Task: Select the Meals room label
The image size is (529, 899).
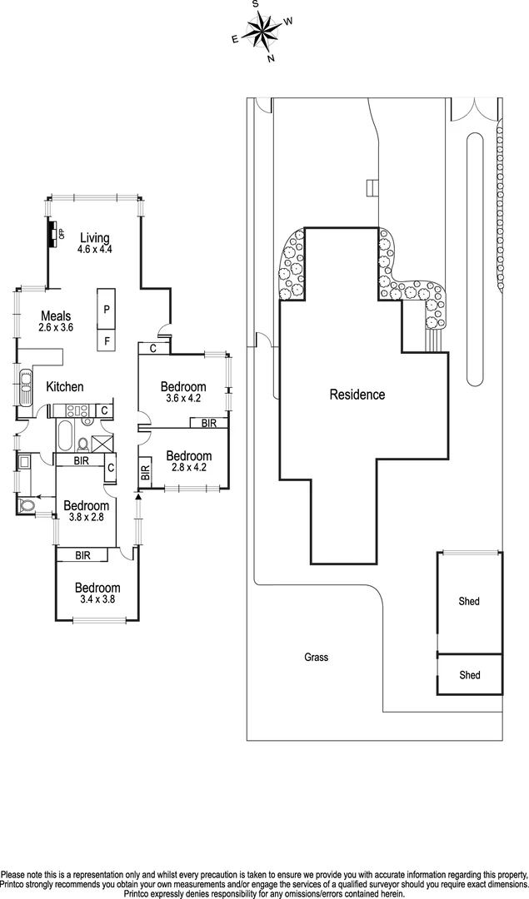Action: pos(56,316)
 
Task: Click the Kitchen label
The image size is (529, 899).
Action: pos(64,386)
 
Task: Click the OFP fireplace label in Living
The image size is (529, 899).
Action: pos(62,232)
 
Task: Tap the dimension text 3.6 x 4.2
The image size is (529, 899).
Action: pos(183,399)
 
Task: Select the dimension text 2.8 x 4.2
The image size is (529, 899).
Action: pos(187,467)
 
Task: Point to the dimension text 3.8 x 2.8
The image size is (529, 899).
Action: pos(86,518)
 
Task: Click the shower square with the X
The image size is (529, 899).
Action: pos(103,444)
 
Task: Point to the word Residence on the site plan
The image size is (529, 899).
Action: pos(357,395)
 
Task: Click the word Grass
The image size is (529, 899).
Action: pos(316,657)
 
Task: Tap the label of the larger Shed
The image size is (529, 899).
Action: pos(469,601)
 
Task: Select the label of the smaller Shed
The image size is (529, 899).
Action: pos(469,675)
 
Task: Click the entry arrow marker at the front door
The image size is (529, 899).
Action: pos(138,498)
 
